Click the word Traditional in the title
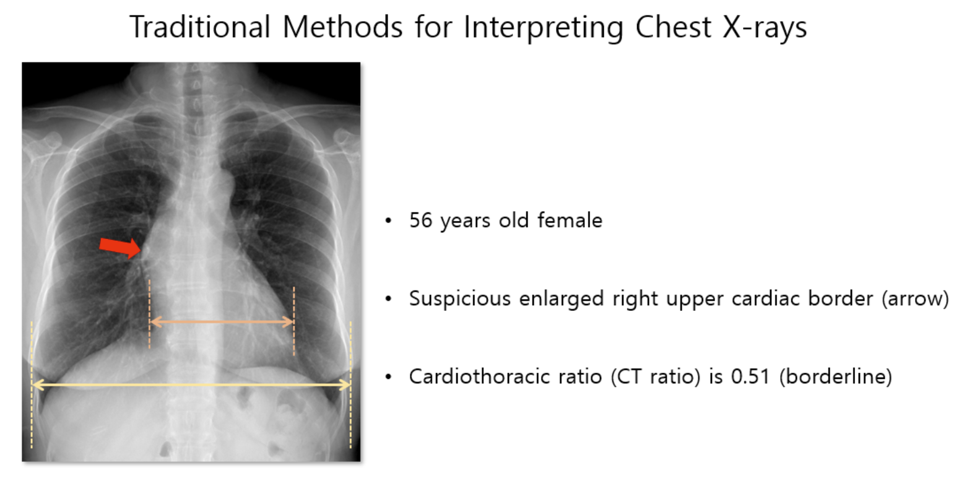[x=200, y=27]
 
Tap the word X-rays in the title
[x=764, y=27]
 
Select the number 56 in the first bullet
[x=421, y=220]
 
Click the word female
[x=570, y=220]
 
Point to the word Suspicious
[x=460, y=298]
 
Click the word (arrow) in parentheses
[x=915, y=298]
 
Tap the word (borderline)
[x=836, y=376]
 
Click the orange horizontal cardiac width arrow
[x=222, y=322]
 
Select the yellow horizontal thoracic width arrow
[x=191, y=385]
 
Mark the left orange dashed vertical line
[x=150, y=314]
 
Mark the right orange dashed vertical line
[x=294, y=321]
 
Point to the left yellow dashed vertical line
[x=32, y=385]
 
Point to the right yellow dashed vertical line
[x=350, y=385]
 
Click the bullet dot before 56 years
[x=388, y=221]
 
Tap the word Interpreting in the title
[x=544, y=27]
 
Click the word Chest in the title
[x=673, y=27]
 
